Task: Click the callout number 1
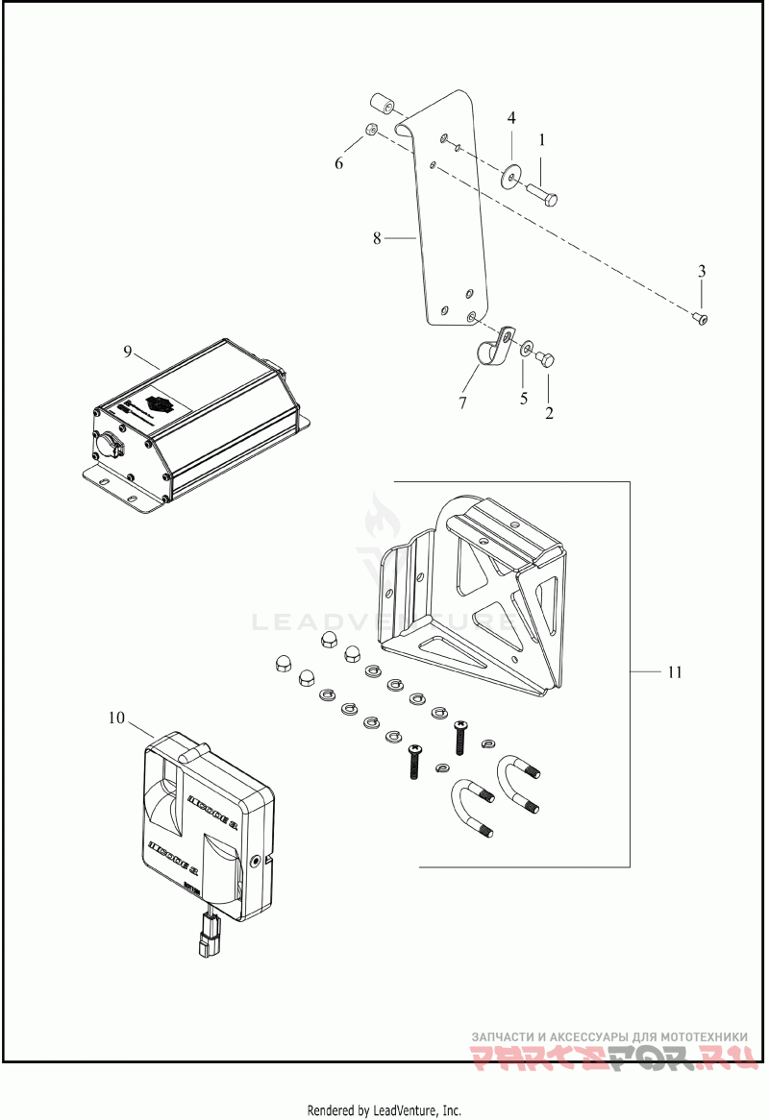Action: pyautogui.click(x=542, y=140)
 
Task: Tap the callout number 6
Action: pyautogui.click(x=338, y=163)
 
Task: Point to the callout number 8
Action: pyautogui.click(x=377, y=236)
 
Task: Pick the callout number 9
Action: pyautogui.click(x=127, y=352)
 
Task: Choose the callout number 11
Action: pyautogui.click(x=675, y=672)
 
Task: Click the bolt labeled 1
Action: pyautogui.click(x=544, y=191)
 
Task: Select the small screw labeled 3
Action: pyautogui.click(x=702, y=318)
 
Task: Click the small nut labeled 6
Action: pyautogui.click(x=370, y=131)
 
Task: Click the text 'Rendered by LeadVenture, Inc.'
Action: pyautogui.click(x=384, y=1110)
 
